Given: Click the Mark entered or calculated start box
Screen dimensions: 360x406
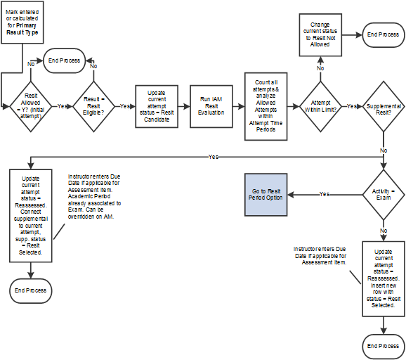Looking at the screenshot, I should click(20, 22).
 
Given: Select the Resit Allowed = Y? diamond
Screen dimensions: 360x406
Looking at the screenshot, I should click(30, 107).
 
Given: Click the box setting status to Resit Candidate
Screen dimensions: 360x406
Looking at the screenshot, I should click(157, 107).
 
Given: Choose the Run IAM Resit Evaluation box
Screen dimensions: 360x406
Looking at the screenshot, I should click(211, 107).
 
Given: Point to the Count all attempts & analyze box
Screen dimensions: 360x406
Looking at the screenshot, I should click(266, 101).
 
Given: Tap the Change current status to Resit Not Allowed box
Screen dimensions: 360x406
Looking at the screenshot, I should click(320, 34).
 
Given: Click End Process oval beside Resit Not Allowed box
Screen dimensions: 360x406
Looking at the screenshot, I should click(382, 34).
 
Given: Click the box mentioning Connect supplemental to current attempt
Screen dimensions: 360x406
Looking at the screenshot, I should click(30, 214).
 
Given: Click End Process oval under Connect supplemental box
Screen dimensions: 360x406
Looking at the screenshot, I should click(30, 290).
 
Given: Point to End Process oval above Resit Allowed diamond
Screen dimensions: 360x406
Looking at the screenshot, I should click(64, 60).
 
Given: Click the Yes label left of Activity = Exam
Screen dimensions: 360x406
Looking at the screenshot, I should click(325, 194).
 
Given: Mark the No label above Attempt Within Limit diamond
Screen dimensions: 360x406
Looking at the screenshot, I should click(320, 68).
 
